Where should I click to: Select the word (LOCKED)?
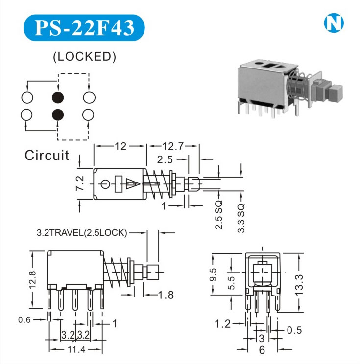coord(84,57)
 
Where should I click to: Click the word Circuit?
coord(47,156)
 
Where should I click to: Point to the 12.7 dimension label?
coord(173,146)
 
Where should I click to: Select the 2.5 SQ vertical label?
coord(218,214)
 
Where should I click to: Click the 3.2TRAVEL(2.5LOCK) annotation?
coord(82,233)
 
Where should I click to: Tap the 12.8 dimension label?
coord(32,280)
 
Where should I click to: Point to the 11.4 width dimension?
coord(76,349)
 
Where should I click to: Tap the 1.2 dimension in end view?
coord(223,323)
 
